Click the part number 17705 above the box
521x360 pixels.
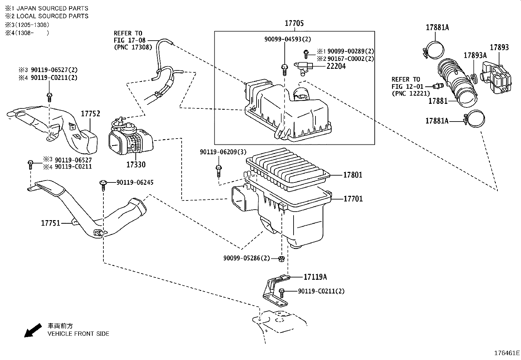(x=294, y=23)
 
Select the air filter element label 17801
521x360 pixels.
(x=352, y=175)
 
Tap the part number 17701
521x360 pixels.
(x=353, y=199)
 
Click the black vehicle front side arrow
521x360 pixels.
(x=33, y=330)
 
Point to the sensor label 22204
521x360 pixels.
(x=336, y=66)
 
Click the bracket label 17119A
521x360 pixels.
(x=315, y=277)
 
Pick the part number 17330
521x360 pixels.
(x=136, y=164)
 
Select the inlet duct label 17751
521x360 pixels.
(x=50, y=223)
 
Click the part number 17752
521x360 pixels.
(x=90, y=114)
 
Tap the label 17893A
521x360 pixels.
(x=475, y=55)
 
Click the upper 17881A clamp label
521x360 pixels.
(x=437, y=28)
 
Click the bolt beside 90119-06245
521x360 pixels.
(x=103, y=184)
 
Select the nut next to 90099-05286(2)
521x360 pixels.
(x=280, y=259)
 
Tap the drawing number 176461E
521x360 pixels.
(x=507, y=353)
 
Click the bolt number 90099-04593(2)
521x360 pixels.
(x=288, y=39)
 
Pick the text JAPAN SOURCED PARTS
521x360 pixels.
(x=52, y=8)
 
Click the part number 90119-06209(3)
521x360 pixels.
(x=223, y=152)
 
